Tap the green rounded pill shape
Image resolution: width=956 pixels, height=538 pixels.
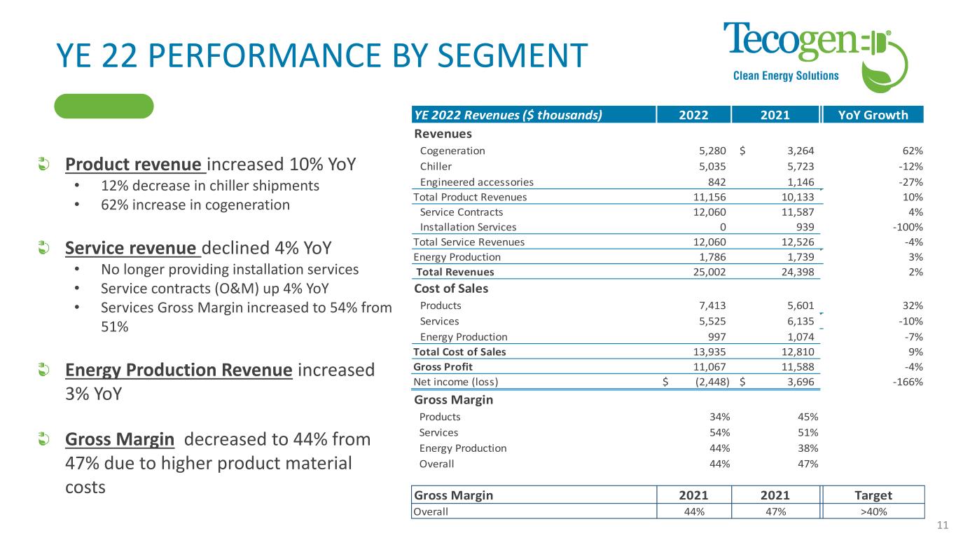click(x=104, y=106)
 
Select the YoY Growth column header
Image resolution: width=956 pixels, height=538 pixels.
click(x=873, y=115)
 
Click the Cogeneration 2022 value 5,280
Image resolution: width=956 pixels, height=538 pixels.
click(x=712, y=151)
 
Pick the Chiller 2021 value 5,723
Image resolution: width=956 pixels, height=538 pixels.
click(x=801, y=166)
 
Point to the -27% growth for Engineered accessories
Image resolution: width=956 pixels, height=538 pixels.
click(x=910, y=182)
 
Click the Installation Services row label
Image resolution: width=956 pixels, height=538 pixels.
click(x=468, y=227)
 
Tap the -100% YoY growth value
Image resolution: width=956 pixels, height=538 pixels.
click(x=908, y=227)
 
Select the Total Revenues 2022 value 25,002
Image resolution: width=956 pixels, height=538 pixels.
click(x=709, y=272)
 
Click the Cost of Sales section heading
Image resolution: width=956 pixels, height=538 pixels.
click(x=451, y=288)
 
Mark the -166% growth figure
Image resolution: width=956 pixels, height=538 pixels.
click(x=908, y=382)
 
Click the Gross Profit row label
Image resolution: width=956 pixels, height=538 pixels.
click(x=443, y=367)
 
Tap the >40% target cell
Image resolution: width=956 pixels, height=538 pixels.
click(x=873, y=511)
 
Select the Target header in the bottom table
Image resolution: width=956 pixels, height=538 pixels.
click(x=873, y=495)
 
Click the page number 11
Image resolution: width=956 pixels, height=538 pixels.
click(x=943, y=525)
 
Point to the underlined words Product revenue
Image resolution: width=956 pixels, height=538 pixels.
click(x=133, y=165)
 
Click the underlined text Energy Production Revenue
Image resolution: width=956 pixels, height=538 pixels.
click(x=179, y=370)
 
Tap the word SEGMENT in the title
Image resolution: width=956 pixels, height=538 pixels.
click(x=513, y=55)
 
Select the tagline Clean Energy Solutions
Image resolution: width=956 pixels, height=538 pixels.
click(x=786, y=76)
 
